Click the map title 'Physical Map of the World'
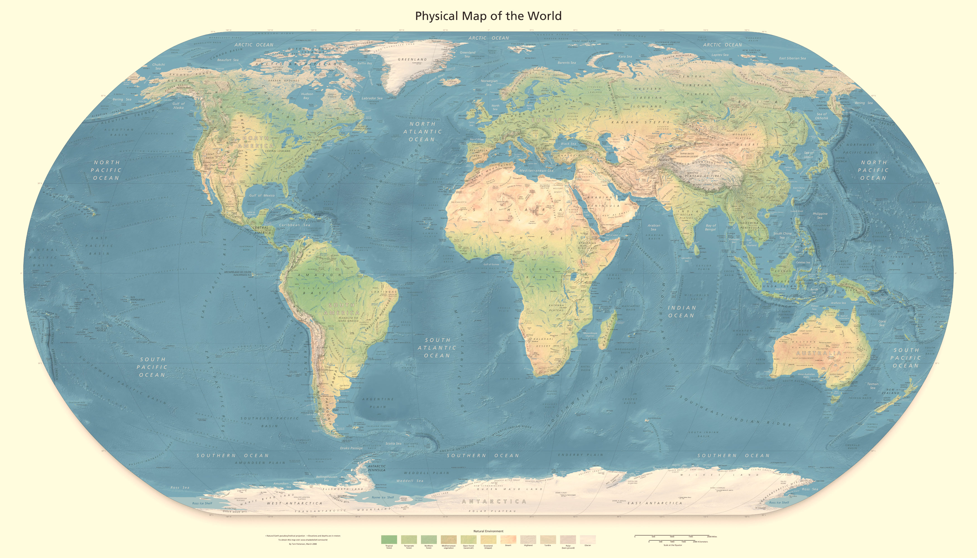point(488,16)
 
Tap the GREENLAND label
point(412,59)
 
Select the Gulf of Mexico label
point(262,196)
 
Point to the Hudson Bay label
point(307,96)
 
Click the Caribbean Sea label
point(294,225)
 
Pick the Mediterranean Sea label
point(536,170)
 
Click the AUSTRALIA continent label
point(819,353)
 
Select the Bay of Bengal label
point(710,228)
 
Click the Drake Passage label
point(351,448)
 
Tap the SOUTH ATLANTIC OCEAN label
point(437,348)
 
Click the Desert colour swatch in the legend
point(508,539)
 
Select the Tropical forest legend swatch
point(389,539)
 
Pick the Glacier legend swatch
point(587,539)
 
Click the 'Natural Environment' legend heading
point(488,531)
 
